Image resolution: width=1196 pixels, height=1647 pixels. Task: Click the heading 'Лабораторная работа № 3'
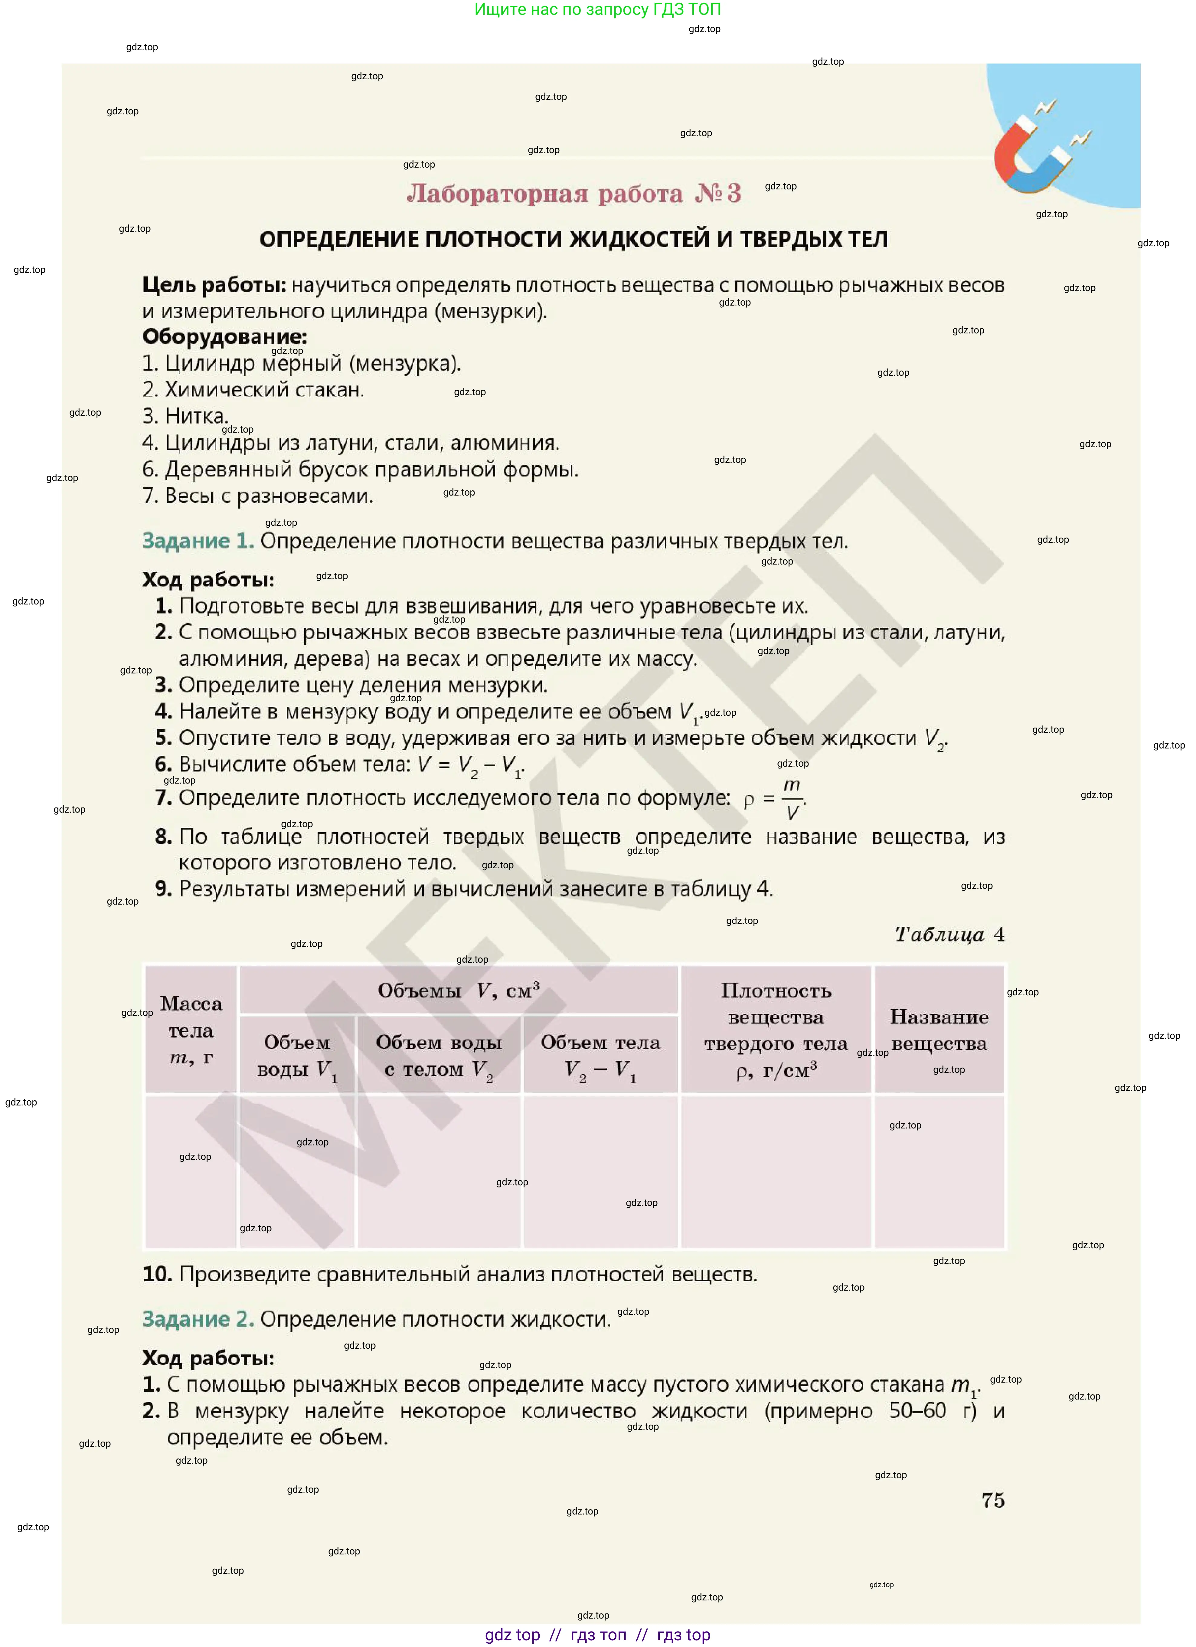574,193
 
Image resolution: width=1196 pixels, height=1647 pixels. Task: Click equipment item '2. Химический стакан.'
253,390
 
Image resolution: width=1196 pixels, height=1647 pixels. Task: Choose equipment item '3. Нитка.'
186,416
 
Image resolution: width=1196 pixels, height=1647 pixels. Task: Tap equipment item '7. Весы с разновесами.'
258,496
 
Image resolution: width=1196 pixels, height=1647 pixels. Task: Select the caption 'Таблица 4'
949,935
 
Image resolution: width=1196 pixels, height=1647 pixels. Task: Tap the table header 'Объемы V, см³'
458,990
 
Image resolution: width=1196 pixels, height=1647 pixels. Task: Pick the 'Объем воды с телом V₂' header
439,1056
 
